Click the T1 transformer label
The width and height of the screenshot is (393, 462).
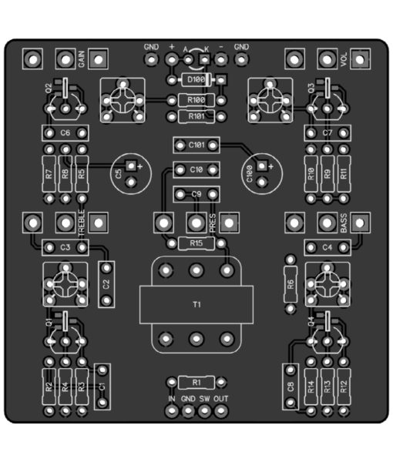tap(196, 304)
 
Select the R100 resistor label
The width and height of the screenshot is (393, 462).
tap(196, 100)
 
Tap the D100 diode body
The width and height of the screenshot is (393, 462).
tap(196, 79)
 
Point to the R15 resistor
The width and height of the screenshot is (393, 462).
tap(196, 243)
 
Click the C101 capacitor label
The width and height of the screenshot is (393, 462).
tap(196, 145)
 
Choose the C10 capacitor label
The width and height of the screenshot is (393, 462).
tap(196, 169)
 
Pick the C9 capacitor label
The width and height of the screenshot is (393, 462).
tap(196, 195)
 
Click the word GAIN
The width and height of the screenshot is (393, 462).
tap(82, 59)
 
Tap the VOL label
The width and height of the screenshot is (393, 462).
tap(344, 59)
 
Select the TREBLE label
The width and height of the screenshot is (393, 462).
tap(82, 223)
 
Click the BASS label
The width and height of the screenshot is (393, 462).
tap(344, 223)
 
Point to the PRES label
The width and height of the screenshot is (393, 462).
tap(213, 223)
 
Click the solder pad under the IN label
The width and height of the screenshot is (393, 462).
tap(172, 410)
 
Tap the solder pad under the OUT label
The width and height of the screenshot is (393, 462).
tap(221, 410)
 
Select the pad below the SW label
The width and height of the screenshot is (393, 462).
tap(204, 410)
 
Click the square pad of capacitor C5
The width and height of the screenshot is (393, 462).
tap(131, 166)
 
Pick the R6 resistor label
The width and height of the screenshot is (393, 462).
tap(291, 284)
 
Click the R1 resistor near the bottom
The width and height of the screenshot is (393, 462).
tap(196, 383)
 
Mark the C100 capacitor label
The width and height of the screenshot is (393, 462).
tap(250, 174)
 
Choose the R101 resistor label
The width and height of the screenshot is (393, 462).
tap(196, 117)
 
